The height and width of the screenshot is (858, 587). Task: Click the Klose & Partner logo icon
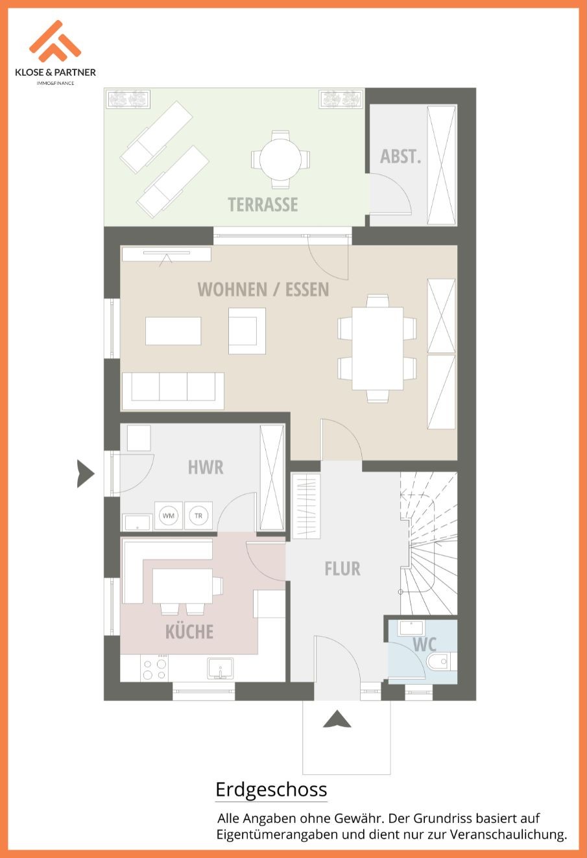pos(54,42)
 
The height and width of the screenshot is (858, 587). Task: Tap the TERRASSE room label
pos(263,204)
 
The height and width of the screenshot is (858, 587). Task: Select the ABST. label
pos(400,156)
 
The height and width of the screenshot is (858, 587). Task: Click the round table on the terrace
pos(280,160)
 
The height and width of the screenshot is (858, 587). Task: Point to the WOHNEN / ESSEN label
pos(263,289)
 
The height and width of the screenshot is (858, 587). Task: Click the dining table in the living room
pos(377,348)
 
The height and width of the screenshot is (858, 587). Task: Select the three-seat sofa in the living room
pos(173,390)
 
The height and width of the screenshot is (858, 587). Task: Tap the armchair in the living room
pos(247,331)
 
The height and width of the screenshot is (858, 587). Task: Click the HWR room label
pos(206,468)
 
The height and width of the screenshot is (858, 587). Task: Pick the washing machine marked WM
pos(169,516)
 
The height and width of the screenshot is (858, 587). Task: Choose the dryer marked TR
pos(198,516)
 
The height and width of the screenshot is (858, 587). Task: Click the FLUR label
pos(342,569)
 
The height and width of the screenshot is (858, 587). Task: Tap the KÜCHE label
pos(189,632)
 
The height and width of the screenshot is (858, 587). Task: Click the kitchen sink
pos(221,669)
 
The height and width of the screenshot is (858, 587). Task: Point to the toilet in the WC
pos(441,661)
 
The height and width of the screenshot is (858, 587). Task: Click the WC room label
pos(425,645)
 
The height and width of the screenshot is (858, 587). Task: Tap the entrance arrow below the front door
pos(337,719)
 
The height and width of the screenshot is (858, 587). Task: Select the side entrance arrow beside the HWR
pos(86,474)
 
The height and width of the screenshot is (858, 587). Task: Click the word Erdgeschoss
pos(271,789)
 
